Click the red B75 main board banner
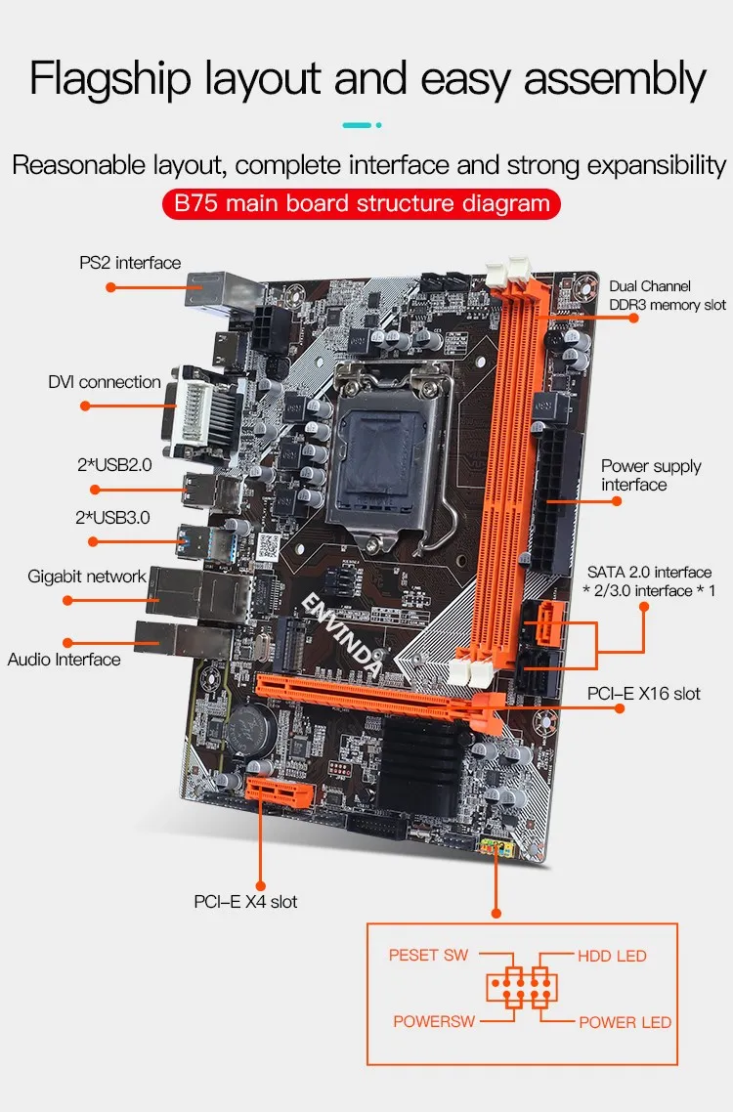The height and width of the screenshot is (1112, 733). (362, 203)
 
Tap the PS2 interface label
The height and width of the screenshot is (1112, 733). (130, 263)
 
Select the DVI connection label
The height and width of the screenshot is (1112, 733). (105, 382)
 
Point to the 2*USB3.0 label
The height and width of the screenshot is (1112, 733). (112, 518)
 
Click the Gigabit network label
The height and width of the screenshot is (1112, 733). (87, 576)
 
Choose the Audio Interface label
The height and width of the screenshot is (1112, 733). (64, 660)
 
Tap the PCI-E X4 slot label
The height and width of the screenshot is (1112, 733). (245, 902)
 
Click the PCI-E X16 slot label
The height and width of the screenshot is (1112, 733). (644, 694)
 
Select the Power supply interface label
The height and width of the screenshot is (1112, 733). (652, 475)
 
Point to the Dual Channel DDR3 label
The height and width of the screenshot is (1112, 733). (667, 296)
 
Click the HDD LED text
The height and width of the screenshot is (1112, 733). (612, 956)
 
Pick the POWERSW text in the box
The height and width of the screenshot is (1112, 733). (434, 1021)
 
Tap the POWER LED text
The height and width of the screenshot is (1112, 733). (625, 1023)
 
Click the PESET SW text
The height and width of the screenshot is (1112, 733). (429, 956)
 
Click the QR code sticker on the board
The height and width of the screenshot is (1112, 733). (268, 547)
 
